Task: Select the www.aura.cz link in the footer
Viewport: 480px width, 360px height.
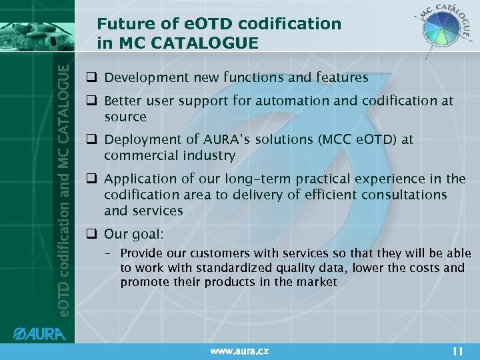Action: (240, 349)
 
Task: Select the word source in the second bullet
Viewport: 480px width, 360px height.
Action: (125, 117)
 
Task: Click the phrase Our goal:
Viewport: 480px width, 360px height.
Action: (134, 234)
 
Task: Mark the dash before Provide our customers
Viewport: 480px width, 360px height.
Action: (110, 254)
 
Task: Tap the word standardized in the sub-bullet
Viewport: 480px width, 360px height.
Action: (221, 268)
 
